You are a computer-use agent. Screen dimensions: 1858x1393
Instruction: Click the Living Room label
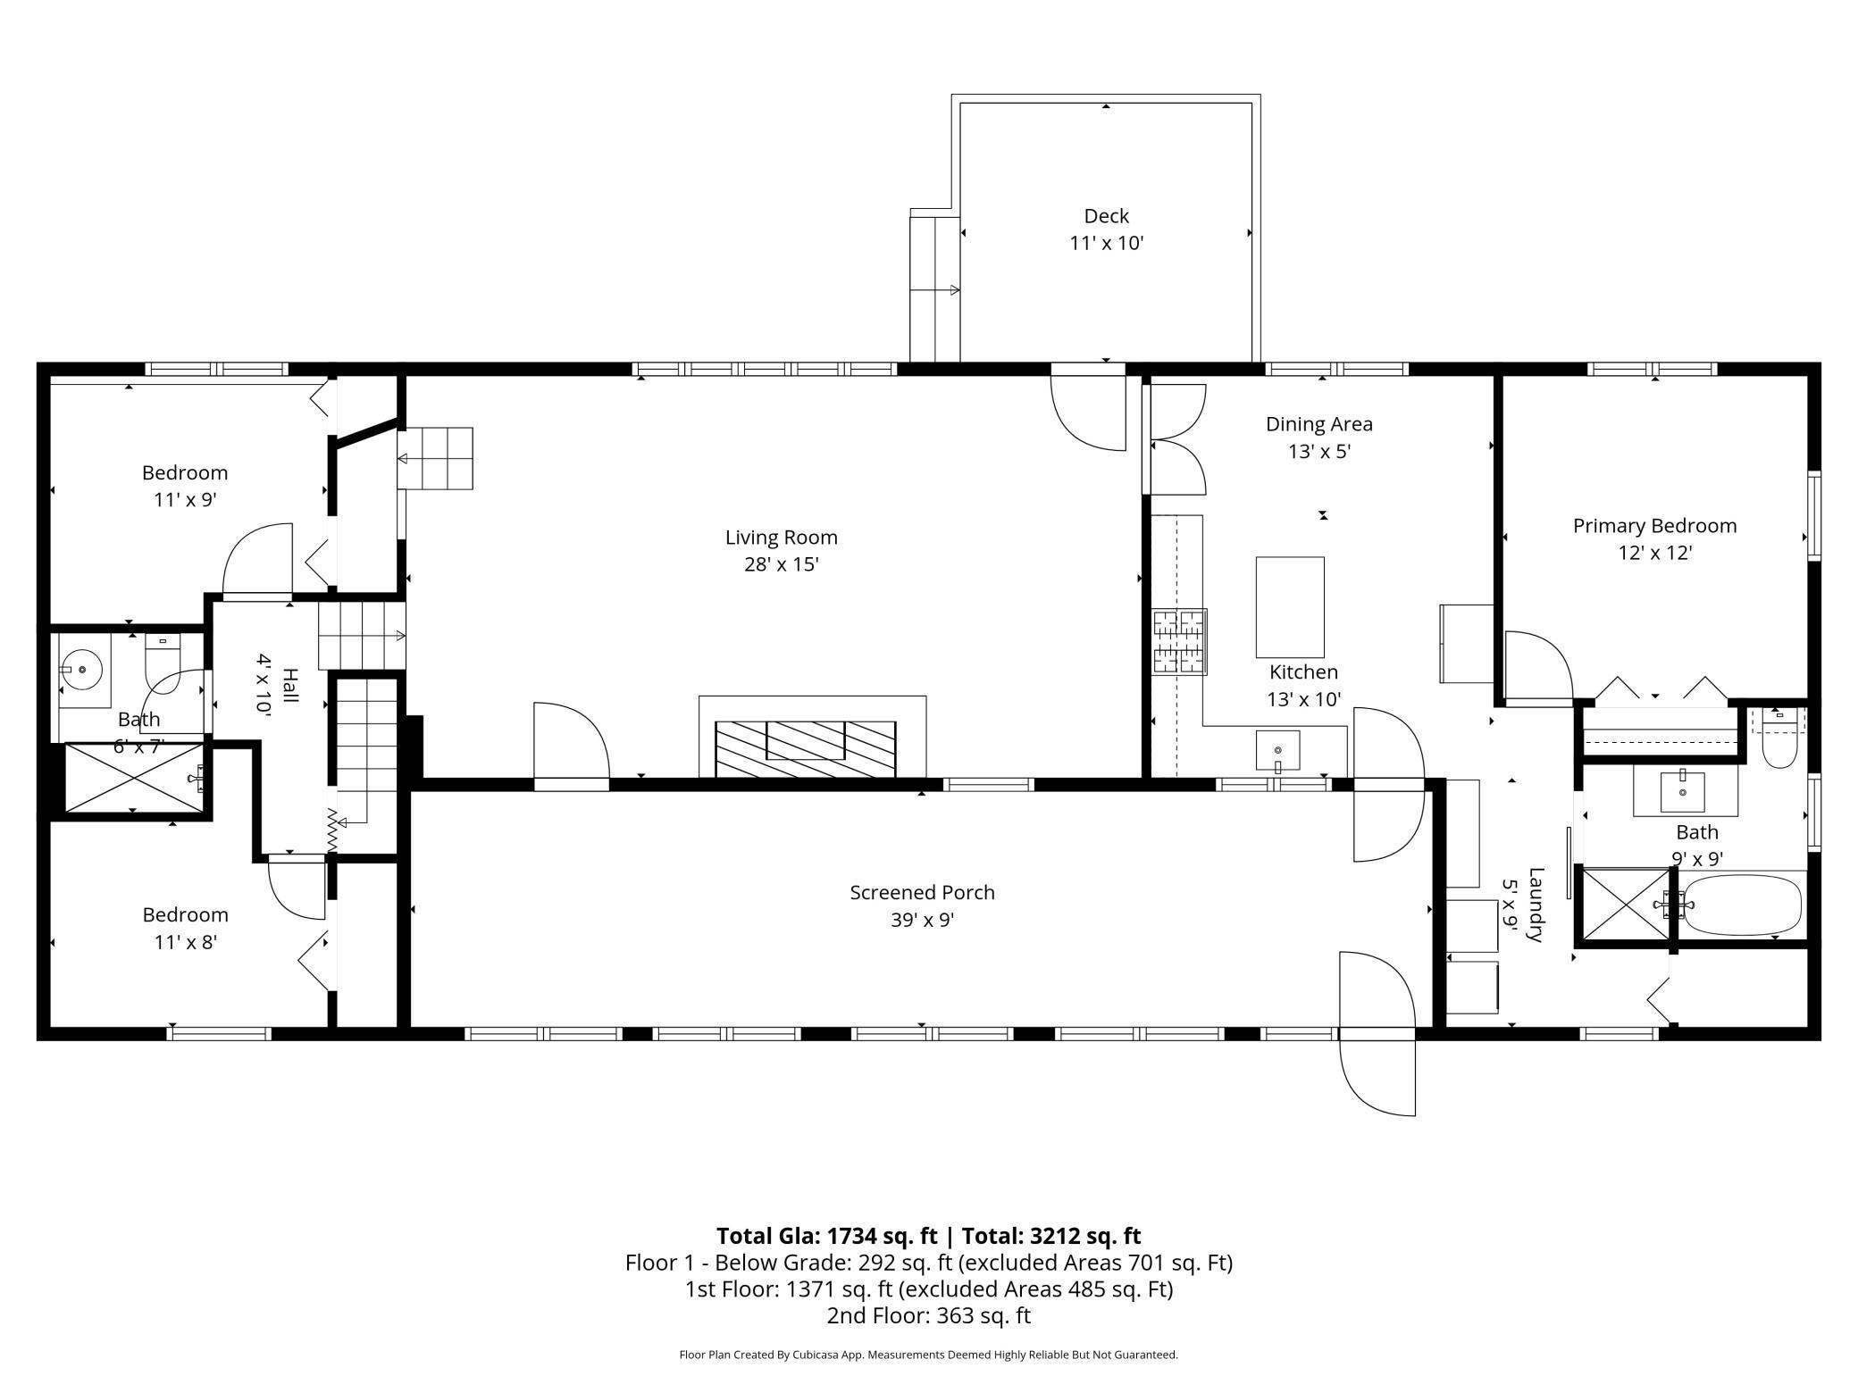tap(781, 538)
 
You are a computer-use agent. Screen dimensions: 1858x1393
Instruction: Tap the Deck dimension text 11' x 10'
tap(1106, 243)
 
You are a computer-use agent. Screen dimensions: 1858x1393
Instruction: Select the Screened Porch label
tap(922, 892)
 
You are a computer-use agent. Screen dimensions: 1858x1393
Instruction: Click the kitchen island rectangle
tap(1290, 607)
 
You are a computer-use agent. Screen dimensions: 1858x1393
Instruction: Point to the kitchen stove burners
tap(1179, 641)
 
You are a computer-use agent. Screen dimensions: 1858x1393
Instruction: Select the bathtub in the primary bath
tap(1742, 905)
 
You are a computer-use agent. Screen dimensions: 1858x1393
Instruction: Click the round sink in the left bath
tap(81, 668)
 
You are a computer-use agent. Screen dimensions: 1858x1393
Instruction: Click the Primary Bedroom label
tap(1654, 526)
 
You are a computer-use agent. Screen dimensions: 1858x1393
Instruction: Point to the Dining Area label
tap(1318, 424)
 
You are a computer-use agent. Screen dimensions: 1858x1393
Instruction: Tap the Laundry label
tap(1536, 905)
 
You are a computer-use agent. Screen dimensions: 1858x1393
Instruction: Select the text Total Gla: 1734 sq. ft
tap(826, 1236)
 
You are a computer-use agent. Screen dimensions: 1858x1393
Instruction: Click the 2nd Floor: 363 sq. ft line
tap(928, 1315)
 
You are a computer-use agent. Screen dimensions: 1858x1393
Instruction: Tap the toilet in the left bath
tap(163, 663)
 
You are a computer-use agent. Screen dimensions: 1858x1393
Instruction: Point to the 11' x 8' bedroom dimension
tap(185, 942)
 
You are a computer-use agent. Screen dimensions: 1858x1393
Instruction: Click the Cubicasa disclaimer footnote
tap(928, 1355)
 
